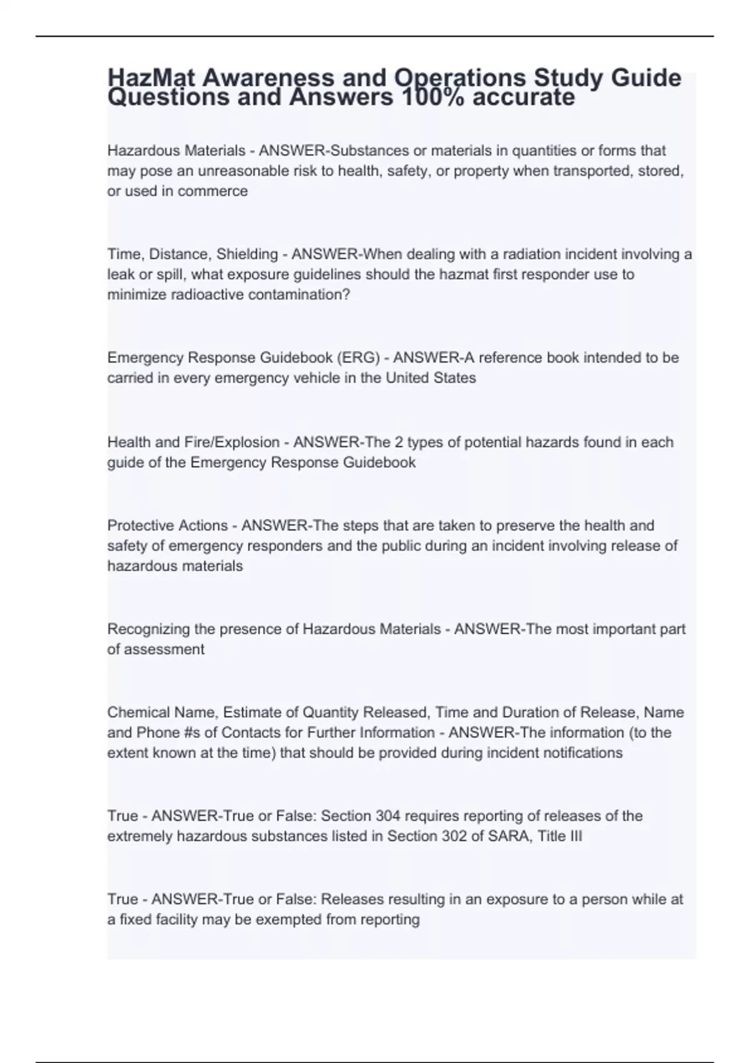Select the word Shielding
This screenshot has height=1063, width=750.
point(247,254)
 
